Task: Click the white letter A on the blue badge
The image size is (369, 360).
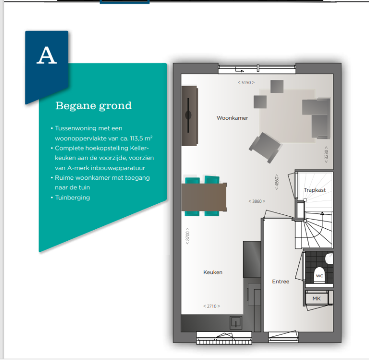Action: click(47, 55)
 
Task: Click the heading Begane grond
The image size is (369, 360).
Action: click(93, 106)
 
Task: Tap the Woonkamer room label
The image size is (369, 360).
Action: click(232, 118)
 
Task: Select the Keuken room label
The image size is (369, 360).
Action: click(213, 272)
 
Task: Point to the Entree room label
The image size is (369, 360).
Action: click(281, 281)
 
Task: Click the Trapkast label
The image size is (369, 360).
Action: click(315, 190)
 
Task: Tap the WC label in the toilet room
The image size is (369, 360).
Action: click(320, 276)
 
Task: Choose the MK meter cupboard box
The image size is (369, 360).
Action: click(317, 298)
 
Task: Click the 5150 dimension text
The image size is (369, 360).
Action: click(246, 82)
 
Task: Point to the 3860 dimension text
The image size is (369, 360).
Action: click(257, 201)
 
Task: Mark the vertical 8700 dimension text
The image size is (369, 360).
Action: click(187, 236)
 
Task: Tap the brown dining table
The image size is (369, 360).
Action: click(204, 197)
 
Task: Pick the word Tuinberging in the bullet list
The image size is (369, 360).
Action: click(73, 198)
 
